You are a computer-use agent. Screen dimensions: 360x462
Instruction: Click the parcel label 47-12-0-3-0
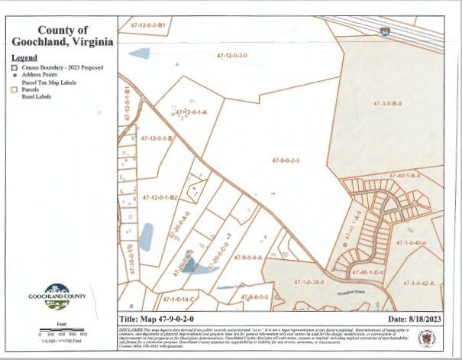click(x=232, y=56)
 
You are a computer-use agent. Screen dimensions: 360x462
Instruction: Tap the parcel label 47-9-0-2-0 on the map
click(x=286, y=161)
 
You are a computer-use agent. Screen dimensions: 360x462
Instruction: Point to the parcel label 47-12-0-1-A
click(x=191, y=112)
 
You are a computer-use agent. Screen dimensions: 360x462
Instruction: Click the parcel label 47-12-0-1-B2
click(x=160, y=197)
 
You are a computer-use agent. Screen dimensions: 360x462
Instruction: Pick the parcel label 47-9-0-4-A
click(x=248, y=258)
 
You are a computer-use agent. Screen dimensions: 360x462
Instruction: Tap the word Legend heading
click(x=24, y=57)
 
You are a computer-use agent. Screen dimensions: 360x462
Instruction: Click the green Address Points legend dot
click(x=14, y=75)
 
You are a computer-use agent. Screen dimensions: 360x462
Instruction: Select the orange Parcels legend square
click(x=14, y=89)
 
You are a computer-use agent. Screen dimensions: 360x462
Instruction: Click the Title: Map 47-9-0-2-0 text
click(x=157, y=319)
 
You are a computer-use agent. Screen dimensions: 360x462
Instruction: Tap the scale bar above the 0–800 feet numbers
click(x=62, y=329)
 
